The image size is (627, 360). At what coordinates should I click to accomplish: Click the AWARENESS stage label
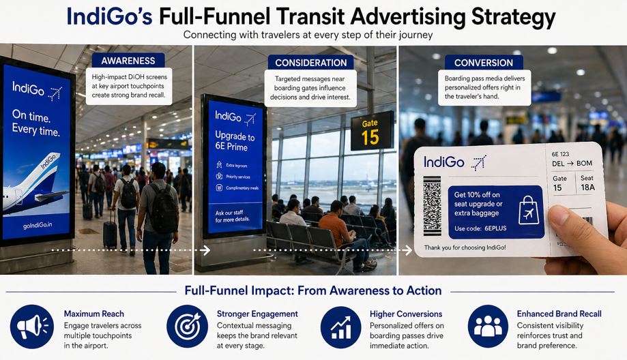[128, 61]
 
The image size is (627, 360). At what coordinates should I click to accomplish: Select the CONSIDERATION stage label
[311, 63]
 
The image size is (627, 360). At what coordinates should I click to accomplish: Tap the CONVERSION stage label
[483, 63]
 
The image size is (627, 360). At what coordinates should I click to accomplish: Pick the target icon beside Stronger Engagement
[186, 325]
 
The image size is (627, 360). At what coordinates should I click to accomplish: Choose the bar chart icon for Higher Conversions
[340, 325]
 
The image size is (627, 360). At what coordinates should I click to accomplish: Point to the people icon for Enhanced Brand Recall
[488, 325]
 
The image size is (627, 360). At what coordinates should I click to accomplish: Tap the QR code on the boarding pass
[433, 206]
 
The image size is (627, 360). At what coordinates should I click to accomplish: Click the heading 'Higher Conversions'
[405, 314]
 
